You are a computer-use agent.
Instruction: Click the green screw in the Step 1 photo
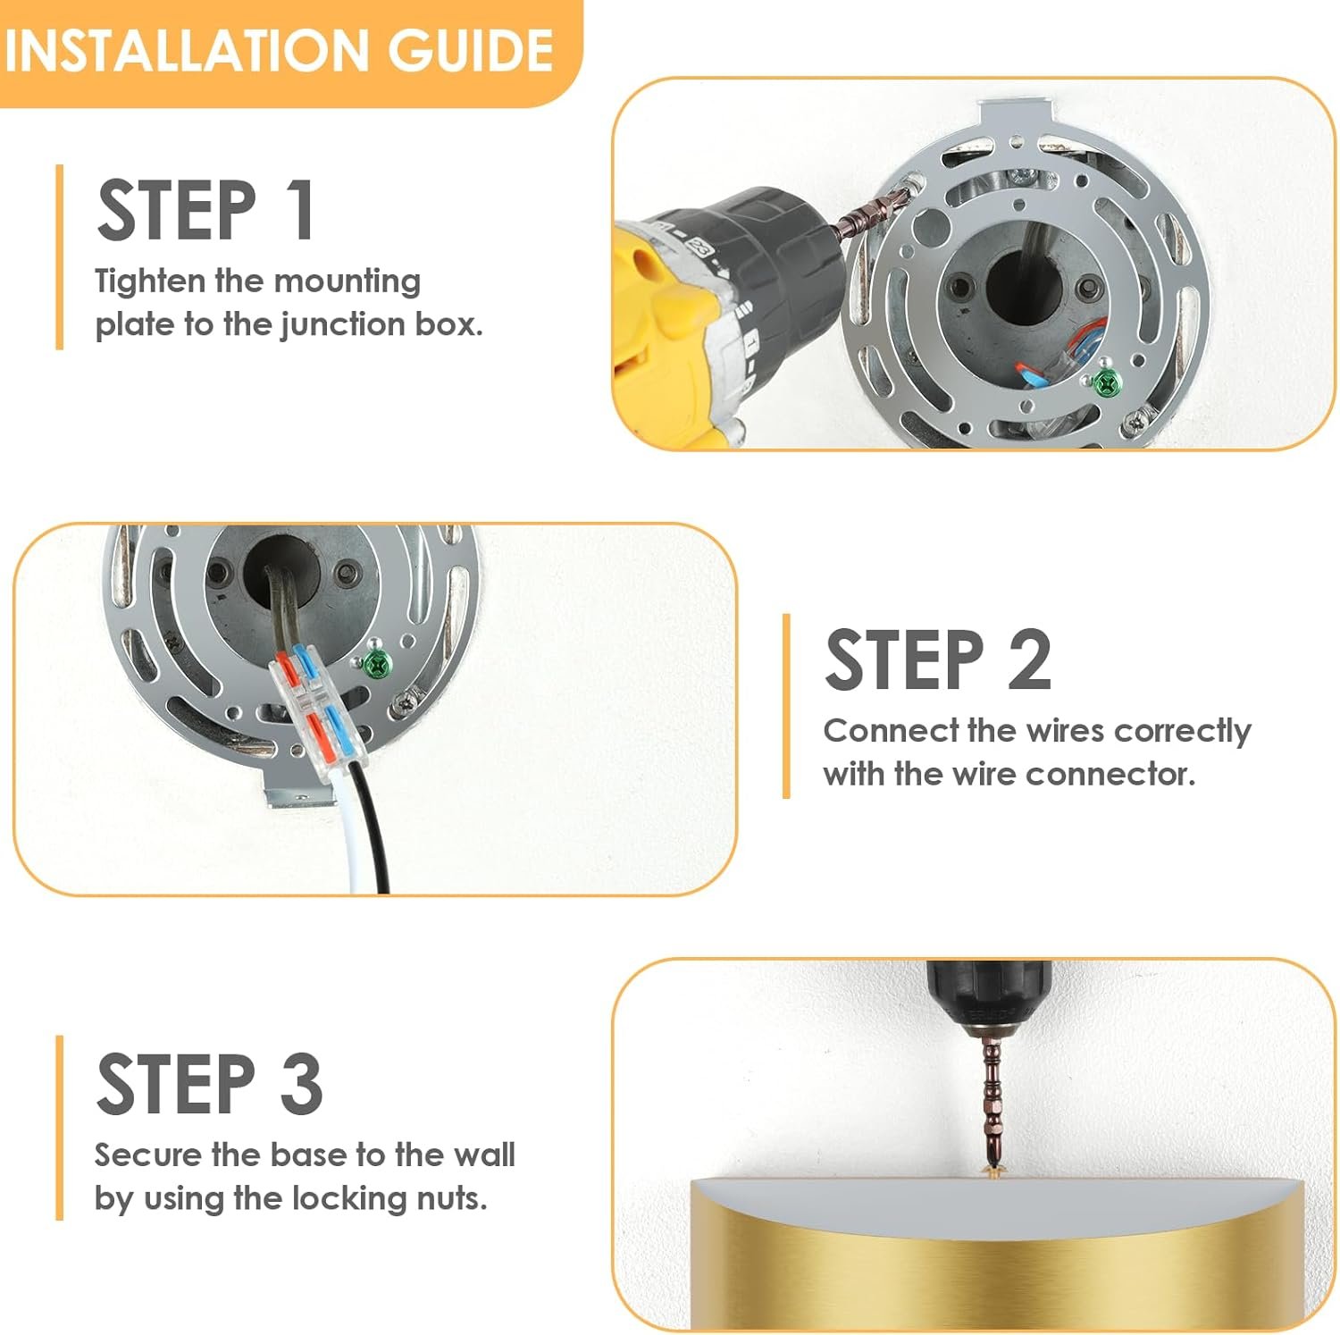1106,382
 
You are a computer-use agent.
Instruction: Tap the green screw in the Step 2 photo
378,664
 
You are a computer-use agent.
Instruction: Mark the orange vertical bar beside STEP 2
786,706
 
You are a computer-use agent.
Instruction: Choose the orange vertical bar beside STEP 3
59,1128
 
